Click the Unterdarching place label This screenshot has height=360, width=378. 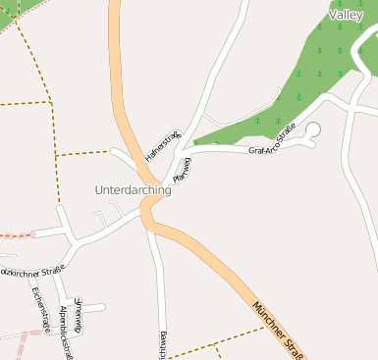pos(133,189)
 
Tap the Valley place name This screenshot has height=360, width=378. pos(346,16)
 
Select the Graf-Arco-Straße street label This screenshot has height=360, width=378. pos(272,138)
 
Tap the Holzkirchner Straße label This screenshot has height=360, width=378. pos(31,269)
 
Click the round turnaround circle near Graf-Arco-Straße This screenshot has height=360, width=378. pos(313,129)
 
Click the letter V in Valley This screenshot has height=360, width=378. pos(333,16)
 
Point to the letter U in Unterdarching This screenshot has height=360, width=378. pos(99,189)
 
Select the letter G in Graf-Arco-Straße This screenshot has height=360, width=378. pos(252,151)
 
